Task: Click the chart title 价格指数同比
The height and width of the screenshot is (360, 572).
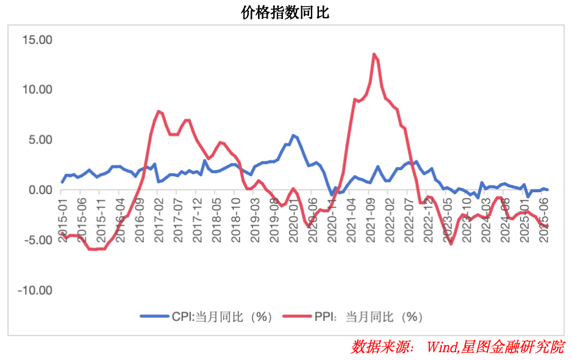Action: (285, 12)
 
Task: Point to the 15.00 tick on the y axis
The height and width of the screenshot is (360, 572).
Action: (38, 40)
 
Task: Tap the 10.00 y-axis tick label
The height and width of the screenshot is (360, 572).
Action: (38, 90)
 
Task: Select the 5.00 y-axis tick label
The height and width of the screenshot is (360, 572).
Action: (41, 140)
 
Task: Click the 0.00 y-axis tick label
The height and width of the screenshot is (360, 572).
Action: (41, 190)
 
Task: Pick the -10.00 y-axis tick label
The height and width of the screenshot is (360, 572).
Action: (36, 290)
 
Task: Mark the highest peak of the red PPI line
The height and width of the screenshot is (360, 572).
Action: (374, 54)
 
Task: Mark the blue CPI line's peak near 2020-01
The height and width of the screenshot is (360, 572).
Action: (293, 135)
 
